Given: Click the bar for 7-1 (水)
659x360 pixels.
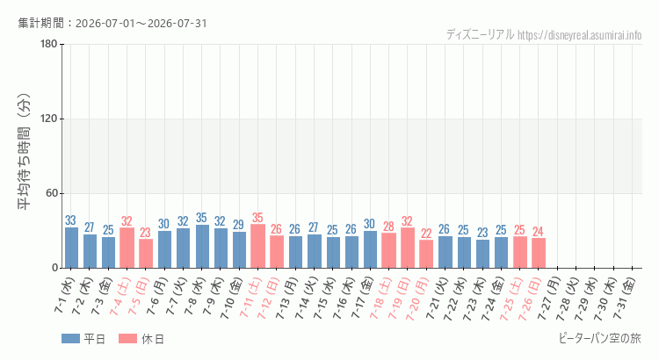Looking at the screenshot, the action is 71,248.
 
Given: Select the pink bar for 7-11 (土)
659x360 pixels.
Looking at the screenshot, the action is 257,246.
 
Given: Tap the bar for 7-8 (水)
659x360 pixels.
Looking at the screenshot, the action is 202,246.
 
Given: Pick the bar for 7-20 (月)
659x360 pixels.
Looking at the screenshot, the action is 426,254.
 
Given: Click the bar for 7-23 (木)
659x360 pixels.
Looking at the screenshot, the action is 482,254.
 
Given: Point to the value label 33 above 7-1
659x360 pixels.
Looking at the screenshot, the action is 70,220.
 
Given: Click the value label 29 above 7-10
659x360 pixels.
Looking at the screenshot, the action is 238,225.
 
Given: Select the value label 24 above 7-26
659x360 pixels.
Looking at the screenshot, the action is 538,232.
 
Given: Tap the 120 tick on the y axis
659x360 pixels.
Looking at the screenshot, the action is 49,119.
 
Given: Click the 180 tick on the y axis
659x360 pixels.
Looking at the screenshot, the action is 49,44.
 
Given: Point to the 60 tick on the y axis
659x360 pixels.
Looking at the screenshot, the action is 52,193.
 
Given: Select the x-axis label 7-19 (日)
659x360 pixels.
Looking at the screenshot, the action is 399,298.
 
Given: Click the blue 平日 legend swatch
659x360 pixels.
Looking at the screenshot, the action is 70,339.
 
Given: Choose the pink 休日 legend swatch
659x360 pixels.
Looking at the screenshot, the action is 127,339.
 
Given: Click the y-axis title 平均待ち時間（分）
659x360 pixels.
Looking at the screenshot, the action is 25,152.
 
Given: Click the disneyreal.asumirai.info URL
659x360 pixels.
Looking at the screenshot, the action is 580,35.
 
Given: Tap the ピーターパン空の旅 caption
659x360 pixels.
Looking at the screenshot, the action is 600,338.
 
